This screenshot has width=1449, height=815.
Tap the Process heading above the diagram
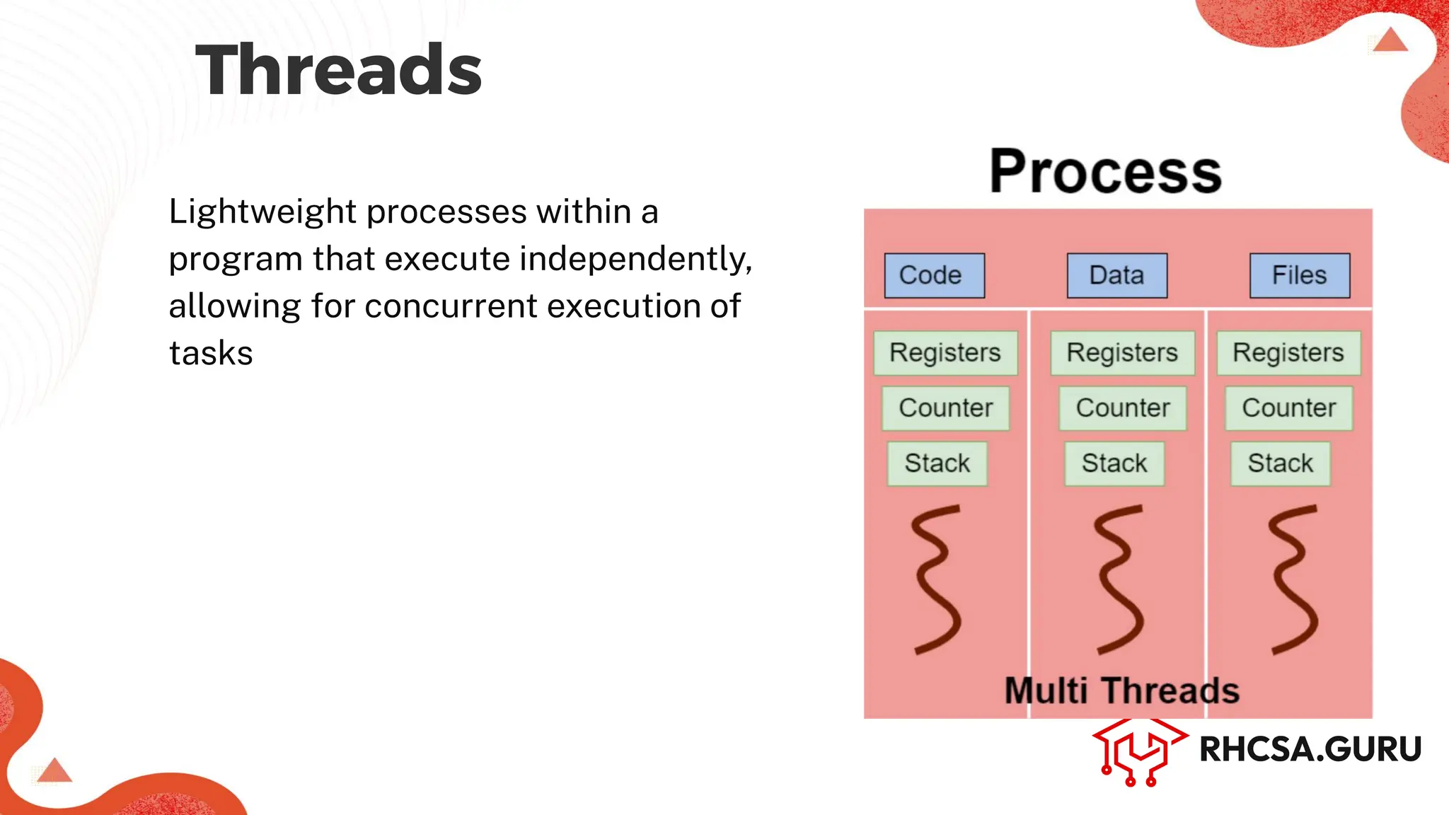click(1105, 172)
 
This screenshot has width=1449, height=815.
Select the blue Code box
click(934, 275)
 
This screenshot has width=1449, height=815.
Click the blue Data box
click(1116, 275)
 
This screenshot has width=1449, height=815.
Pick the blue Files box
click(1299, 275)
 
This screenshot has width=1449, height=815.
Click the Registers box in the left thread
click(945, 352)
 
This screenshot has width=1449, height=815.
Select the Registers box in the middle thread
click(1122, 352)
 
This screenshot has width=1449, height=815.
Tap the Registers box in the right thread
click(1288, 352)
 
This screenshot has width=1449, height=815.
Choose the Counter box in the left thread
click(945, 408)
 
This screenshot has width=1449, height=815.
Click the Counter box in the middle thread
click(1123, 408)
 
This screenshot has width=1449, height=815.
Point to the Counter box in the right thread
click(1288, 408)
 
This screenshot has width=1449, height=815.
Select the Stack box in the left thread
click(937, 463)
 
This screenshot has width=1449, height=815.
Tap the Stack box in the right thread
click(1280, 463)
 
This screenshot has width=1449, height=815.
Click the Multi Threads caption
click(1121, 690)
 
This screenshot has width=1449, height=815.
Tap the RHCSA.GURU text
click(1310, 749)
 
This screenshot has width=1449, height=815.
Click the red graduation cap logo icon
click(1138, 751)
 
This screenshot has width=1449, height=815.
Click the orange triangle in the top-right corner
click(1390, 41)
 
